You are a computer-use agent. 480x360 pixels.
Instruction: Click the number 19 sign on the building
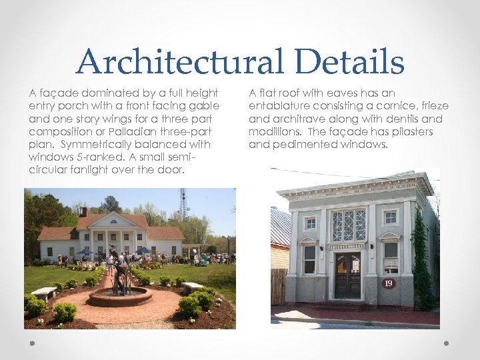[389, 283]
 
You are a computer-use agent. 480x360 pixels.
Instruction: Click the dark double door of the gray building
[347, 274]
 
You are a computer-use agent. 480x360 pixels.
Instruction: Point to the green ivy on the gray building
[421, 260]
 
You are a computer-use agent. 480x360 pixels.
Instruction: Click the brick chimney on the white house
[83, 212]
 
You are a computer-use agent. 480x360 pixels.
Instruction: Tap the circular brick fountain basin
[120, 297]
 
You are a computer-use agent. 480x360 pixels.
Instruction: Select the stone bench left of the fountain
[43, 293]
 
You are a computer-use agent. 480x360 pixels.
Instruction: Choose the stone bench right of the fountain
[192, 287]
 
